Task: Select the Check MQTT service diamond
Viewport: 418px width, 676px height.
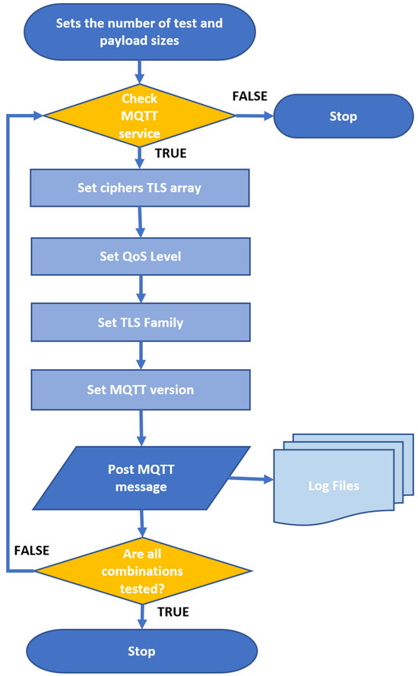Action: [139, 115]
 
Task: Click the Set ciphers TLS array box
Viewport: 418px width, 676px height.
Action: [139, 187]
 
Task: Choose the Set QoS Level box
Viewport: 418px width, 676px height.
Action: [139, 255]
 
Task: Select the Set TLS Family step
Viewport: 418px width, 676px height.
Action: [139, 323]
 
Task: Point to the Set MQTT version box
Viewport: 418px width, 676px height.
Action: [139, 390]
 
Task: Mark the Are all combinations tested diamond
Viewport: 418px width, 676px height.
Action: [144, 570]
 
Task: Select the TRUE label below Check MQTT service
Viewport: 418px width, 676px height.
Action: [170, 153]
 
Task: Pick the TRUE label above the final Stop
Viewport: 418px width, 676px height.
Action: [173, 611]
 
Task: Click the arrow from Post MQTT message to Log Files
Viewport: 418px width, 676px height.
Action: [252, 479]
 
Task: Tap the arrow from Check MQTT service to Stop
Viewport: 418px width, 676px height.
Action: [255, 116]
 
